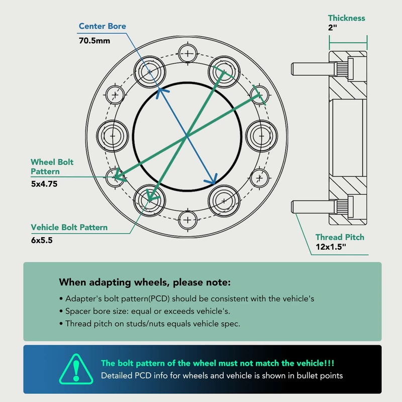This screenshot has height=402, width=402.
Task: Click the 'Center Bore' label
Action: point(103,26)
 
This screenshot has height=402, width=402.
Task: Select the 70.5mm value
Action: point(94,41)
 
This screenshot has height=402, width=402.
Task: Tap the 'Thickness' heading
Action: point(346,18)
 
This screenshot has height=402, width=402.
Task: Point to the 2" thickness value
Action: point(332,28)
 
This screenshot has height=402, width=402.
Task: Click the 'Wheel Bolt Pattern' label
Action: point(52,167)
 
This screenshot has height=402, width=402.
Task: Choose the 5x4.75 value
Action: point(44,184)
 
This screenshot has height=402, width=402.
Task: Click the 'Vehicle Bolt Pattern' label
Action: point(69,228)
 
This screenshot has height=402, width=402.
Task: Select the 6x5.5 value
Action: point(42,240)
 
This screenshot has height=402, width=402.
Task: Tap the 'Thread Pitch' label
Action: point(340,237)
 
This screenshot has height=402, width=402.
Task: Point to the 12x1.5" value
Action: point(331,247)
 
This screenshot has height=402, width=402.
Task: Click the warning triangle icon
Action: point(76,369)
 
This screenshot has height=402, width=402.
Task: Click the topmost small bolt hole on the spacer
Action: point(187,54)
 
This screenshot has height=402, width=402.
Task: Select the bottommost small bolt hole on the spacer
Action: point(187,220)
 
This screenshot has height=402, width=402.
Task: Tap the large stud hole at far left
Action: point(113,136)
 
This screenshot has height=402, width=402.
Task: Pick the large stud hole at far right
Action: point(261,136)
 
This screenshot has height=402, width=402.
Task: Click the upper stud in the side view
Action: point(313,69)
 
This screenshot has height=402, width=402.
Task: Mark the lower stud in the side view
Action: point(313,207)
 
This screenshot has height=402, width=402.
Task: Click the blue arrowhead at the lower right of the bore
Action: point(212,180)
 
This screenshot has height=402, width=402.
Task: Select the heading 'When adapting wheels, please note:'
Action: point(145,282)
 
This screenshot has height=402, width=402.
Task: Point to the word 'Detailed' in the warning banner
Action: point(117,375)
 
